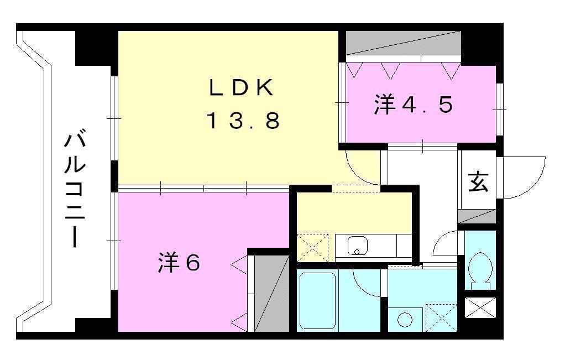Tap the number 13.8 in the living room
pos(243,121)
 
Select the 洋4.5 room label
pos(414,105)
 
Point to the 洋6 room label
pos(179,263)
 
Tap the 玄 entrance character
pos(478,182)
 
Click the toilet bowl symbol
pos(479,268)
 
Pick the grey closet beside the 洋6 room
pos(269,293)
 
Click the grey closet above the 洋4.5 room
pos(404,43)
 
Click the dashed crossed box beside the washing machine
pos(441,317)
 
